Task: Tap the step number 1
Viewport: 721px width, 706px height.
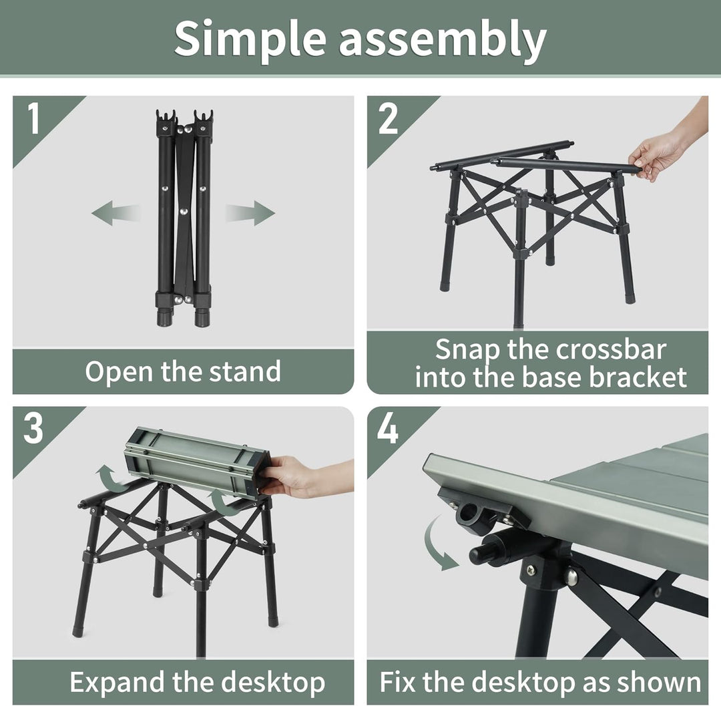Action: (x=33, y=118)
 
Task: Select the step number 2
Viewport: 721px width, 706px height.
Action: (x=388, y=118)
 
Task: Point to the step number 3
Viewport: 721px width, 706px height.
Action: (x=33, y=429)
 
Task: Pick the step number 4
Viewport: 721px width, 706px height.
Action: (x=388, y=429)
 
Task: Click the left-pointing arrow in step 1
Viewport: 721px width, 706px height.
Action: (x=115, y=214)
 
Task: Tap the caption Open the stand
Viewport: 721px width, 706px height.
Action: (x=182, y=371)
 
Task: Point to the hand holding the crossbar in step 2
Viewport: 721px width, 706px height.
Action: (x=658, y=156)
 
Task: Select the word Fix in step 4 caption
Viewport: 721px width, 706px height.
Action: (x=398, y=683)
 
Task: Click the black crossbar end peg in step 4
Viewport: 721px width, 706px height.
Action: (x=484, y=554)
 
